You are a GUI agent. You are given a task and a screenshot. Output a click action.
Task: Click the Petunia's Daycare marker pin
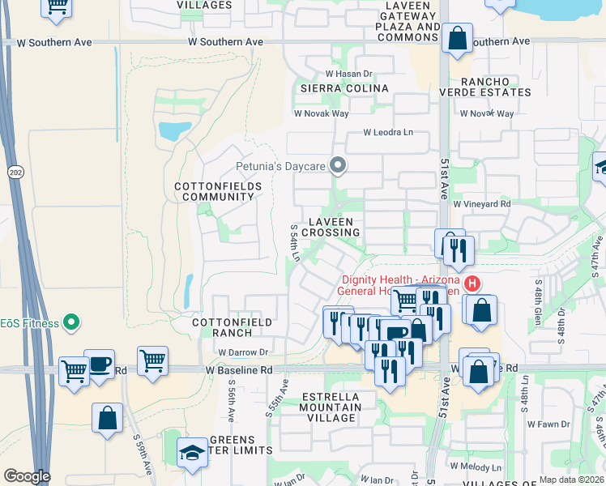[339, 166]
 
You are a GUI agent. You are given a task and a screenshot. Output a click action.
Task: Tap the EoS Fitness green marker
[70, 323]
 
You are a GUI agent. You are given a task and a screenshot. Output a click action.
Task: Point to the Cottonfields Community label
[218, 191]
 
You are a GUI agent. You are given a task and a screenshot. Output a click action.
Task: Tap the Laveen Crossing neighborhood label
[331, 227]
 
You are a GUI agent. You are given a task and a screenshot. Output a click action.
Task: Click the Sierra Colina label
[344, 87]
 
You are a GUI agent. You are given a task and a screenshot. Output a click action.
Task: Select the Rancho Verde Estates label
[495, 87]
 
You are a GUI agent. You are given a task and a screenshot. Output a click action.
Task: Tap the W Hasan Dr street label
[348, 74]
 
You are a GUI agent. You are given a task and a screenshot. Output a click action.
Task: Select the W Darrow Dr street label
[242, 352]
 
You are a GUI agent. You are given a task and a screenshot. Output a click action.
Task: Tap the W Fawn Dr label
[548, 424]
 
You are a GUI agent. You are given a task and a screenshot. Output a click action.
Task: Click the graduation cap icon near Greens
[192, 452]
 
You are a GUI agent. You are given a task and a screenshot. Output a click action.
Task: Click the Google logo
[27, 476]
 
